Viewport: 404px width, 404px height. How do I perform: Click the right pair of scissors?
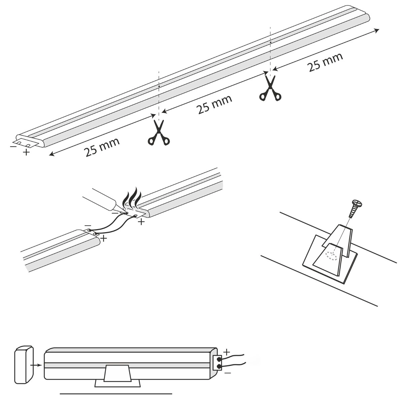click(x=270, y=88)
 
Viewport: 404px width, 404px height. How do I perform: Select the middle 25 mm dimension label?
click(x=214, y=104)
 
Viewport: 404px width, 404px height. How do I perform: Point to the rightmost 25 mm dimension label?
click(x=325, y=62)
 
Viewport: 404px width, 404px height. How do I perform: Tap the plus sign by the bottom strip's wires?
click(x=227, y=353)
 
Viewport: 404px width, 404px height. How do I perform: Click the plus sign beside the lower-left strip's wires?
click(x=104, y=238)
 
